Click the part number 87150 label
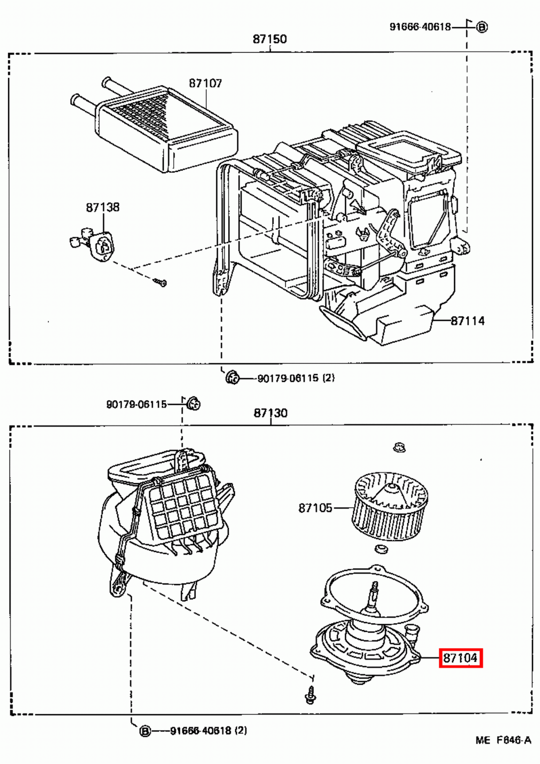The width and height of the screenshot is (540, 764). (269, 39)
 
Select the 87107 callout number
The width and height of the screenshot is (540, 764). (205, 84)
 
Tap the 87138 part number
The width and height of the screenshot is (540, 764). (103, 207)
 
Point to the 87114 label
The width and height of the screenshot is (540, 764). (467, 321)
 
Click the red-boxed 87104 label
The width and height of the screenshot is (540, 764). (460, 658)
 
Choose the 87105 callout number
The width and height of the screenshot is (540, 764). (315, 508)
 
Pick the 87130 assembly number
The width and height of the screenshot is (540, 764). (270, 413)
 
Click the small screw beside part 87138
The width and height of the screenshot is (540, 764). (161, 283)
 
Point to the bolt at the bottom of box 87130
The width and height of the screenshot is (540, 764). (310, 695)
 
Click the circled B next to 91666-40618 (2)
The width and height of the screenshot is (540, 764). (145, 731)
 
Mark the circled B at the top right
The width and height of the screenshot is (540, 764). (482, 27)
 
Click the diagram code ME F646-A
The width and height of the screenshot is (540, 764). (503, 741)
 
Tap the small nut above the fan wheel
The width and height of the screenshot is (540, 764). (399, 447)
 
